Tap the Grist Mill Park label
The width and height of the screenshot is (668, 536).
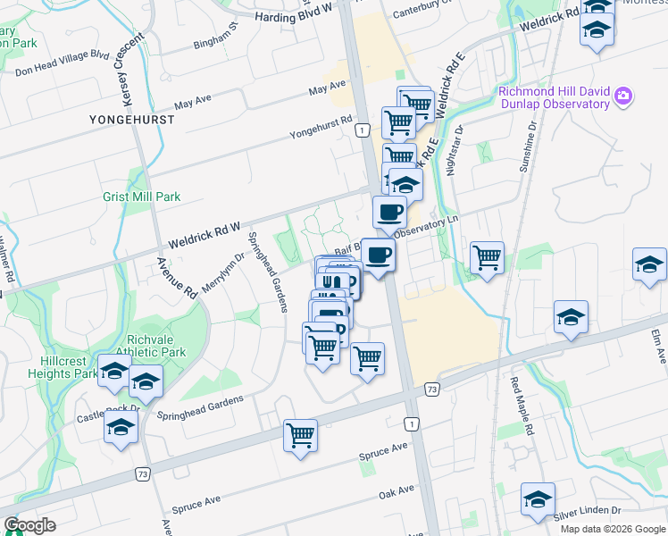(x=141, y=197)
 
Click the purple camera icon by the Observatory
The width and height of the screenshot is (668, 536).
(x=622, y=96)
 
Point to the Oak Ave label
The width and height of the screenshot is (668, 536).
(x=397, y=490)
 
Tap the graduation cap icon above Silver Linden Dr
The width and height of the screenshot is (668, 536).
(x=538, y=499)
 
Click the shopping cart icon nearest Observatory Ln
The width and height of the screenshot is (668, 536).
(x=487, y=257)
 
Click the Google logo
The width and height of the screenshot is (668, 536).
(x=29, y=525)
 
